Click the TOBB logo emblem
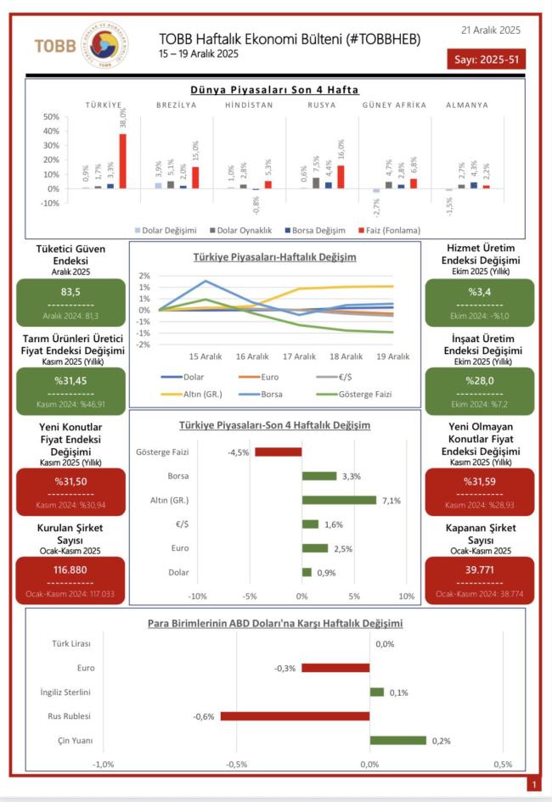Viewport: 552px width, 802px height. click(104, 45)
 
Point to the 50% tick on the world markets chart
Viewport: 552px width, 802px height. click(50, 117)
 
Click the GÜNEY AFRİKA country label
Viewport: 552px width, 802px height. click(391, 105)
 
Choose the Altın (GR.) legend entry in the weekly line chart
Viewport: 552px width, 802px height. click(205, 393)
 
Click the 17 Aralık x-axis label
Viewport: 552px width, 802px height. click(302, 356)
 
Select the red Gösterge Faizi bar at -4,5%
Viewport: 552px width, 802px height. click(278, 451)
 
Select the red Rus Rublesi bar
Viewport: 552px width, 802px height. click(295, 716)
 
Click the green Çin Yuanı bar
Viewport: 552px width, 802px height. click(397, 740)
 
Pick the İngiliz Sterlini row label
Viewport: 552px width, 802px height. click(67, 692)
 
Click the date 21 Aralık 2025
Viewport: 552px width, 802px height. click(491, 30)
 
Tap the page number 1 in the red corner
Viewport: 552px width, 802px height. click(533, 785)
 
